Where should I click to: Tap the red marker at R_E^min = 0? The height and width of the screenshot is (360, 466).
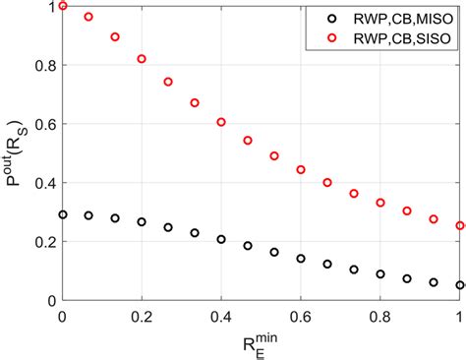click(x=63, y=6)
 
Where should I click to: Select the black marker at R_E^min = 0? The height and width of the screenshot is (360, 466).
click(x=63, y=214)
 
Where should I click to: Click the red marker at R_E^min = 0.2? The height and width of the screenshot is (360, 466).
click(x=142, y=59)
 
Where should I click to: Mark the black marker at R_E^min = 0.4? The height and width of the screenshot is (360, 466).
click(x=221, y=239)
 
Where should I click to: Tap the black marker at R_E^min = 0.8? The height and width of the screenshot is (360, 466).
click(x=380, y=273)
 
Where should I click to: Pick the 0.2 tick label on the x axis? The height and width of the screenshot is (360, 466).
click(x=142, y=316)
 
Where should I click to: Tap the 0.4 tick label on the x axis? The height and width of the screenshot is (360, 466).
click(x=221, y=316)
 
